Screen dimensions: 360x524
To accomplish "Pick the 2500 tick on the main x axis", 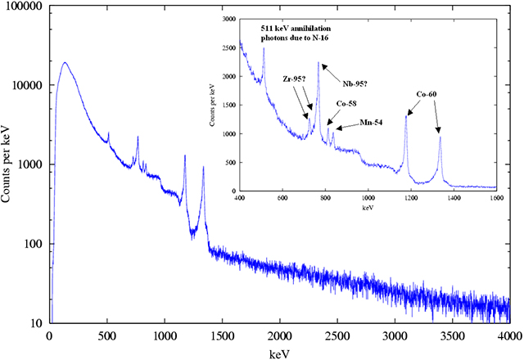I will [337, 336].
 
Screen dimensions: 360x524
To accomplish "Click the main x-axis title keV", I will [278, 353].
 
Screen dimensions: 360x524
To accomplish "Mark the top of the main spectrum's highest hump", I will [65, 62].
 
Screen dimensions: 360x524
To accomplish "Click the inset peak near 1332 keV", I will [440, 137].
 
